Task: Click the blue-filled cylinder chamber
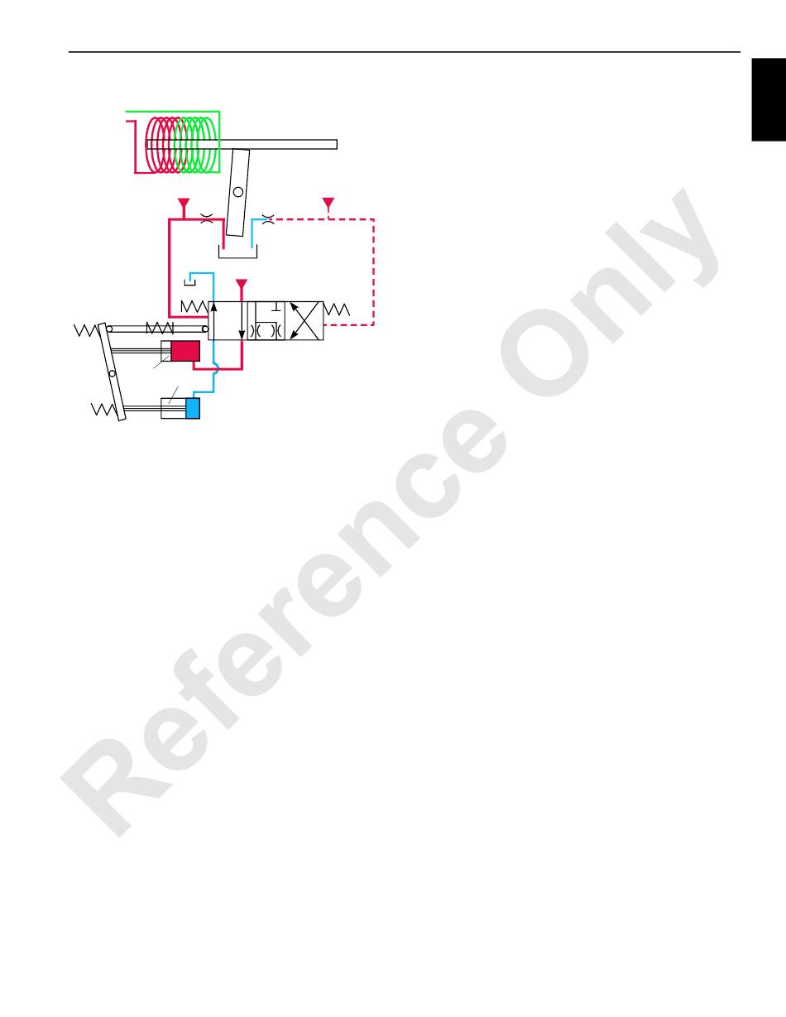pos(193,409)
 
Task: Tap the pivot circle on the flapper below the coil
pos(237,192)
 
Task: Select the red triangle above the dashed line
pos(328,203)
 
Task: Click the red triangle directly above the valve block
pos(242,285)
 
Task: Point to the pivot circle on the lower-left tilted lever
pos(112,373)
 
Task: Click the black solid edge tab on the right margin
pos(769,99)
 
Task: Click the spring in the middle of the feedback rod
pos(158,328)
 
